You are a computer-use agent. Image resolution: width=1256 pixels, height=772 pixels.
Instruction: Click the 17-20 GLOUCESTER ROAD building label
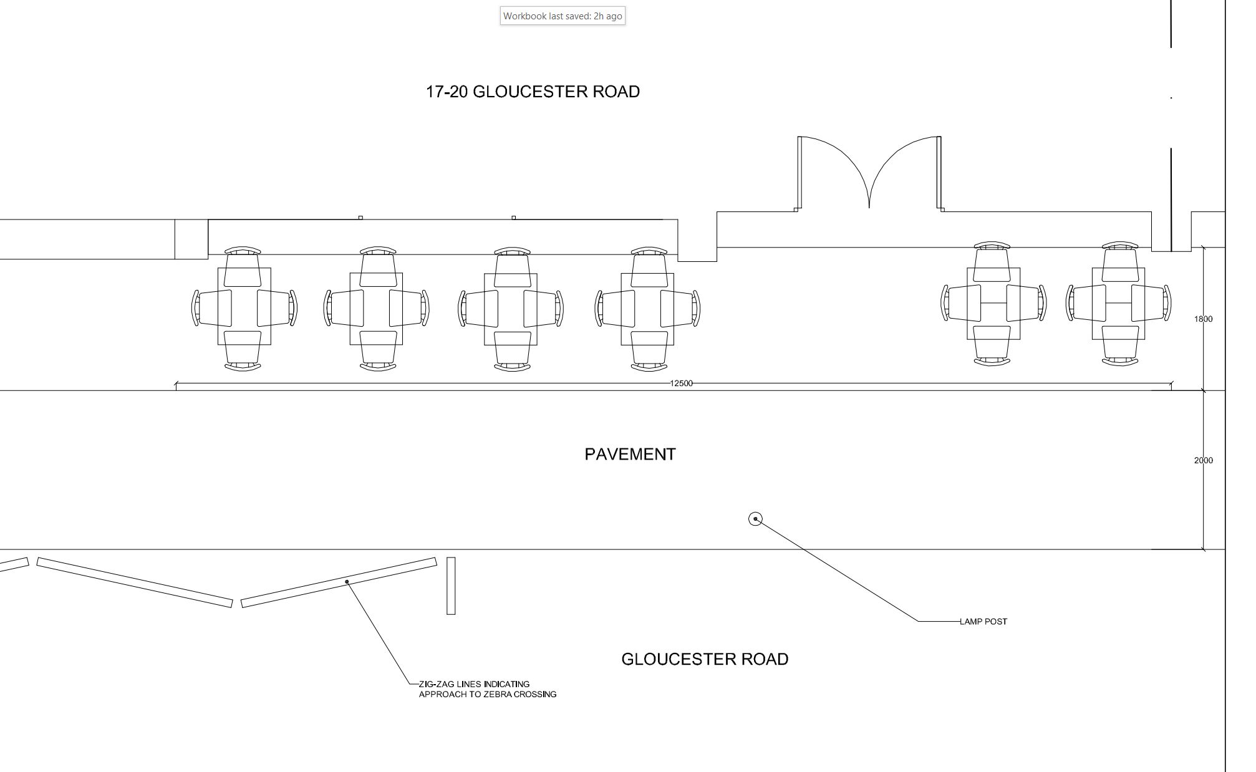click(x=533, y=92)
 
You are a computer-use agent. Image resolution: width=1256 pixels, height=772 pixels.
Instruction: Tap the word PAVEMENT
click(x=630, y=454)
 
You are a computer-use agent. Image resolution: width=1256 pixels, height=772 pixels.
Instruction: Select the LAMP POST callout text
click(x=983, y=621)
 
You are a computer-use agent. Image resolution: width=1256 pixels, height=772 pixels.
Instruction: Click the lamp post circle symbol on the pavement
click(x=755, y=519)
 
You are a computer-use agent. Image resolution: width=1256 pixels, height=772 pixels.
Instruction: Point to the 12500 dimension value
click(x=681, y=384)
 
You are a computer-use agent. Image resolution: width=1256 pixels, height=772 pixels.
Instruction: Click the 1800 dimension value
click(x=1203, y=319)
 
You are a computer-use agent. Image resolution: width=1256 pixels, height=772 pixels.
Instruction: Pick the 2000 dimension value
click(x=1203, y=460)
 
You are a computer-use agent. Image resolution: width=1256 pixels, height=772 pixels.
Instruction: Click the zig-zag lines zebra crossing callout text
click(x=487, y=689)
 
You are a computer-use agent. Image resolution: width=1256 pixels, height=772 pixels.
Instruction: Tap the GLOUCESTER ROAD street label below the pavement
click(x=705, y=659)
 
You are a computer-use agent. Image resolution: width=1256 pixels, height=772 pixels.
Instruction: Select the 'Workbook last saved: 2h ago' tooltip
click(x=563, y=16)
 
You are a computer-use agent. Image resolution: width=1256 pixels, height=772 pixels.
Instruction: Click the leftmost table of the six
click(x=244, y=306)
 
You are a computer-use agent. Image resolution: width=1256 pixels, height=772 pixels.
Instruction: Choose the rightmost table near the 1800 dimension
click(x=1118, y=304)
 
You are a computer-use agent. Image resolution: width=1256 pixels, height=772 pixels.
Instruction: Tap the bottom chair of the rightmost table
click(x=1119, y=345)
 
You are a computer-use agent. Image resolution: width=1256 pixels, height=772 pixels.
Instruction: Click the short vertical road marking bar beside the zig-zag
click(x=451, y=586)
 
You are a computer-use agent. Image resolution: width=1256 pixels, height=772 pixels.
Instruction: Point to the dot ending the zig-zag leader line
click(x=347, y=582)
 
